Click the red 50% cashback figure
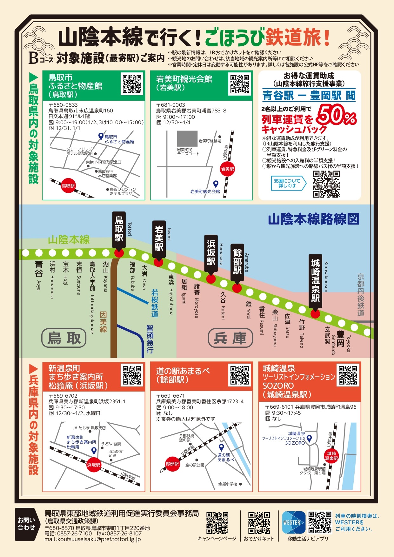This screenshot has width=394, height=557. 336,115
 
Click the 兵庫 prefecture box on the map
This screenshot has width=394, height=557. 230,338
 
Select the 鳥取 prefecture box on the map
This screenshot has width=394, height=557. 64,338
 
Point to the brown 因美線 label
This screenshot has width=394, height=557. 103,321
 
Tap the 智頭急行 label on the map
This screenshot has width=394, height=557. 150,339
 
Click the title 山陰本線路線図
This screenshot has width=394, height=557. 314,219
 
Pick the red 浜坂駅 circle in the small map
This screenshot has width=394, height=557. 93,465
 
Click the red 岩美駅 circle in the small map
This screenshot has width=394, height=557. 227,169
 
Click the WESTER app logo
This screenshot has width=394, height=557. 293,522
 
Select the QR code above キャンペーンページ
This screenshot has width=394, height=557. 217,523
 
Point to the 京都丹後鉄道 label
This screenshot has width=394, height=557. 361,295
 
